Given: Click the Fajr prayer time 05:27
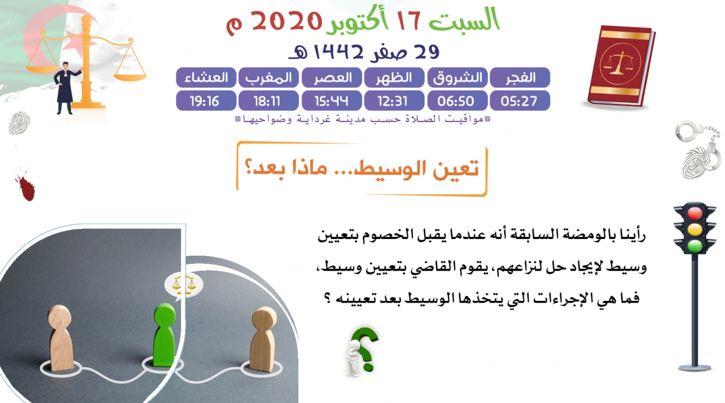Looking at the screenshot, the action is (520, 100).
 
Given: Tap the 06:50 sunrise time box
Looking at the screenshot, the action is (457, 100).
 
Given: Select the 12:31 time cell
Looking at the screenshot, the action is (394, 100).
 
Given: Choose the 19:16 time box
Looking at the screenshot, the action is (206, 100).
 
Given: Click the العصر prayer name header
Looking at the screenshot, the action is (332, 78).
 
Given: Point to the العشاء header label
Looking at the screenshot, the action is (206, 78).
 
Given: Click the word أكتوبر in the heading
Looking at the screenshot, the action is (353, 23).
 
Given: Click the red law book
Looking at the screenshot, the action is (621, 66).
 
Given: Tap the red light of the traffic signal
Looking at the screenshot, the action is (694, 213).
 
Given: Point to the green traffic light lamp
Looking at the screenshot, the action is (694, 246).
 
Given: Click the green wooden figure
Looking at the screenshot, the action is (165, 335).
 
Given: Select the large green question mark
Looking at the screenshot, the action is (366, 348).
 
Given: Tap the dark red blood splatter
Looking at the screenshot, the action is (25, 186).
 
